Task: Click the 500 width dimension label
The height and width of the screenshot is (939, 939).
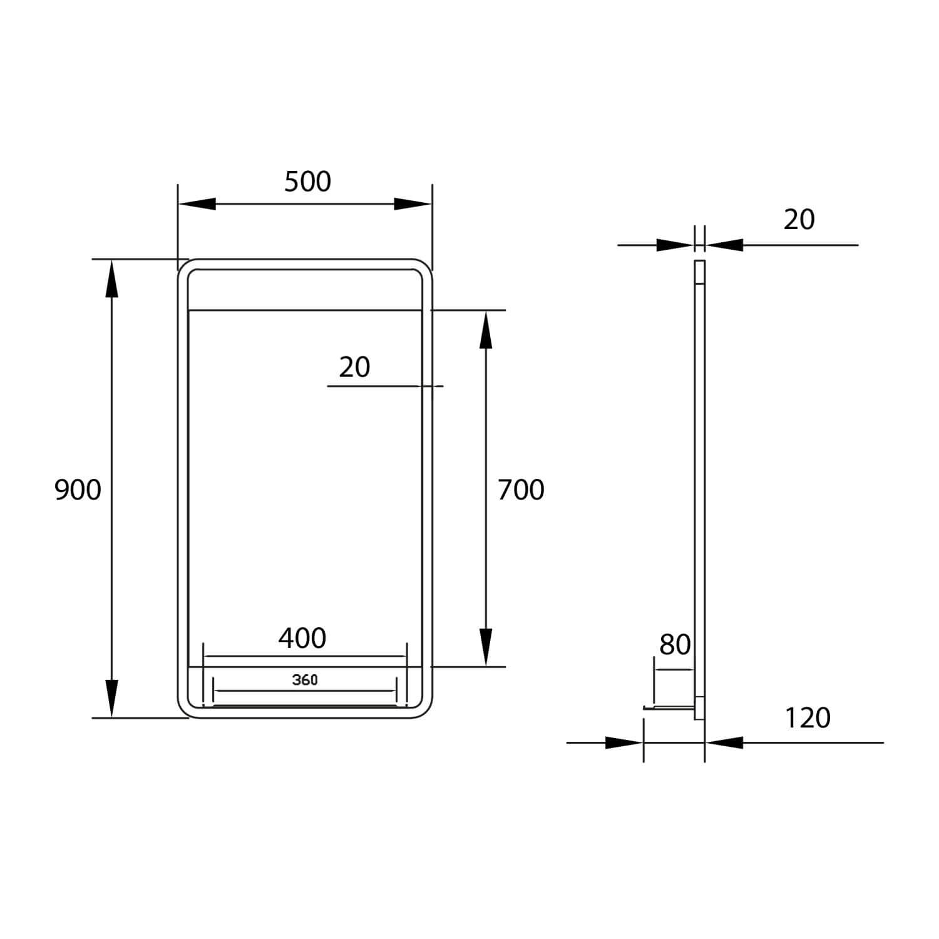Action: point(307,182)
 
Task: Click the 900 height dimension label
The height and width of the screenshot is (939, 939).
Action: point(78,490)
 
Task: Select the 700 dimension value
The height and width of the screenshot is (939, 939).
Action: point(521,490)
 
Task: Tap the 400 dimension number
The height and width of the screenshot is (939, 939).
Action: point(302,639)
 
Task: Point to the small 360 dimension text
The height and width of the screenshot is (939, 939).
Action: point(305,680)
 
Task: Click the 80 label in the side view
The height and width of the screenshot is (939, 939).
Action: point(675,645)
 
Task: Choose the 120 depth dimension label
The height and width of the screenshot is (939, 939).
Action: point(808,718)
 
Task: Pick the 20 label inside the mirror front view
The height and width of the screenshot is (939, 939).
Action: point(354,367)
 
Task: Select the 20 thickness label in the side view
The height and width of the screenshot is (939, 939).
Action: point(799,220)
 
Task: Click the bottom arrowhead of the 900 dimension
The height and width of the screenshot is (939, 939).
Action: point(112,699)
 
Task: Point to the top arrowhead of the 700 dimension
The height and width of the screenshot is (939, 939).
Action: point(485,329)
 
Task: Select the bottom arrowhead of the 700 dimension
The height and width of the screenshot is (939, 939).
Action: point(485,648)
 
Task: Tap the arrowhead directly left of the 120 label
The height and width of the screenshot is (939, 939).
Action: point(724,743)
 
